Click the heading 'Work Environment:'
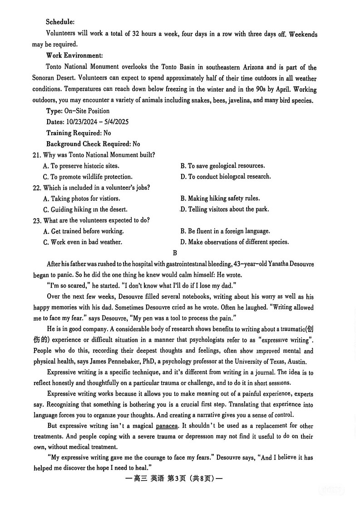[74, 55]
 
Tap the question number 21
[37, 155]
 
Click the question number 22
[37, 188]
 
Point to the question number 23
[37, 220]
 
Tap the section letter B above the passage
[175, 253]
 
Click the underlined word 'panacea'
[166, 426]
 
